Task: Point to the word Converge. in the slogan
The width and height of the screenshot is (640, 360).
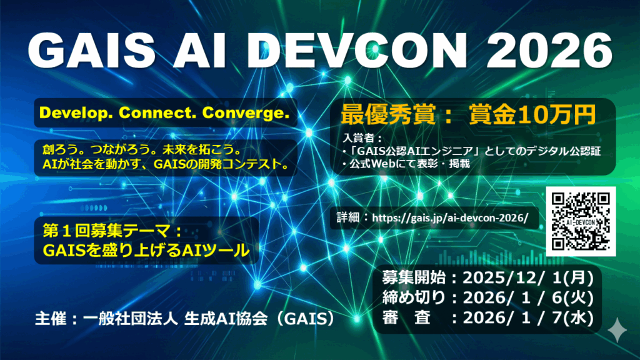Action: [246, 112]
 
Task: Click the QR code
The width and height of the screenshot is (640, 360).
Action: [581, 221]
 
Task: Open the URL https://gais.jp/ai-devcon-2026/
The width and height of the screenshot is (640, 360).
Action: [450, 217]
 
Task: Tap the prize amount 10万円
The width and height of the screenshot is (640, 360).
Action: [557, 115]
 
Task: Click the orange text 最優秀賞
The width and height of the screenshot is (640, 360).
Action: [388, 115]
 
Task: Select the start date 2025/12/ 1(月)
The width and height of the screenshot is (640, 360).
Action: [527, 278]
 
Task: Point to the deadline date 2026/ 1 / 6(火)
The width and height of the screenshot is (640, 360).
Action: [527, 297]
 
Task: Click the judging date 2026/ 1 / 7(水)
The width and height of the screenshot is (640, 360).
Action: [527, 317]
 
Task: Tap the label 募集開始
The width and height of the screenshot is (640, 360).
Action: [414, 278]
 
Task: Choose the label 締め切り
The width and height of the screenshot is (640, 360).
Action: [414, 297]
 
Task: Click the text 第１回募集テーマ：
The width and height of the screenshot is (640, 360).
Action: [112, 231]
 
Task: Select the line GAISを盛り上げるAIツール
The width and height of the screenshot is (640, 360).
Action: [146, 250]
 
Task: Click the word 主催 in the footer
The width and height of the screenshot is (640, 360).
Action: [51, 319]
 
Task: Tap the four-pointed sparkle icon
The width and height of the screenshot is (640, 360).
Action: [617, 330]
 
